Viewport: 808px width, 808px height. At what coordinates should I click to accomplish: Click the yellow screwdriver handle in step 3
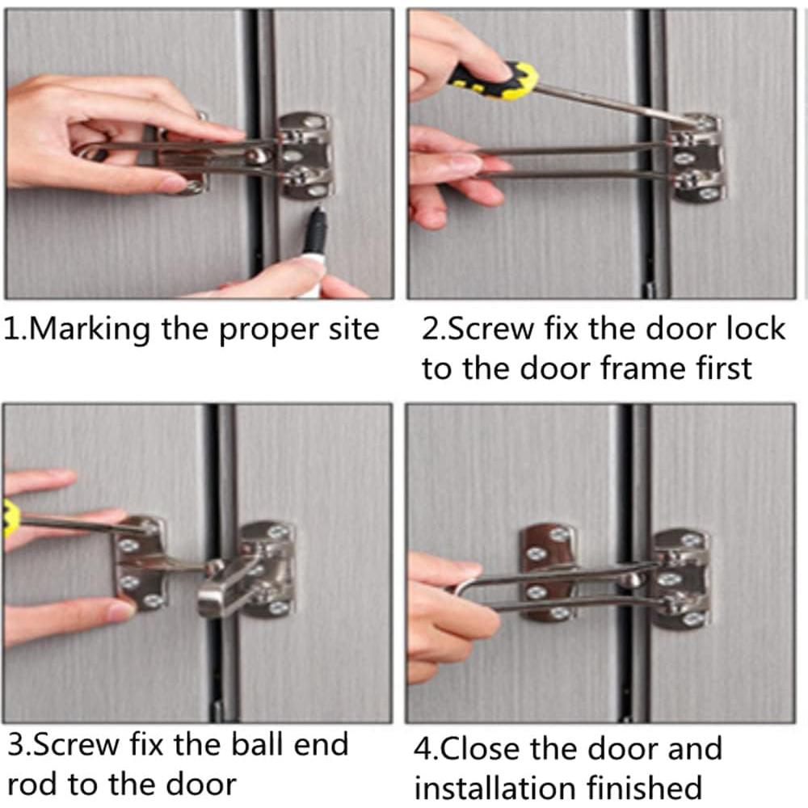pyautogui.click(x=10, y=518)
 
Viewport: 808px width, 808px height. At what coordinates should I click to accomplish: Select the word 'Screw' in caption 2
pyautogui.click(x=490, y=329)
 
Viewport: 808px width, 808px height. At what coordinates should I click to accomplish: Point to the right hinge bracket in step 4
pyautogui.click(x=680, y=579)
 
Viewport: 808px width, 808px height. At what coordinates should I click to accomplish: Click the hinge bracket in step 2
pyautogui.click(x=696, y=157)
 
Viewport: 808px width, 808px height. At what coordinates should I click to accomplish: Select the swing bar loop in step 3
pyautogui.click(x=226, y=588)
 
